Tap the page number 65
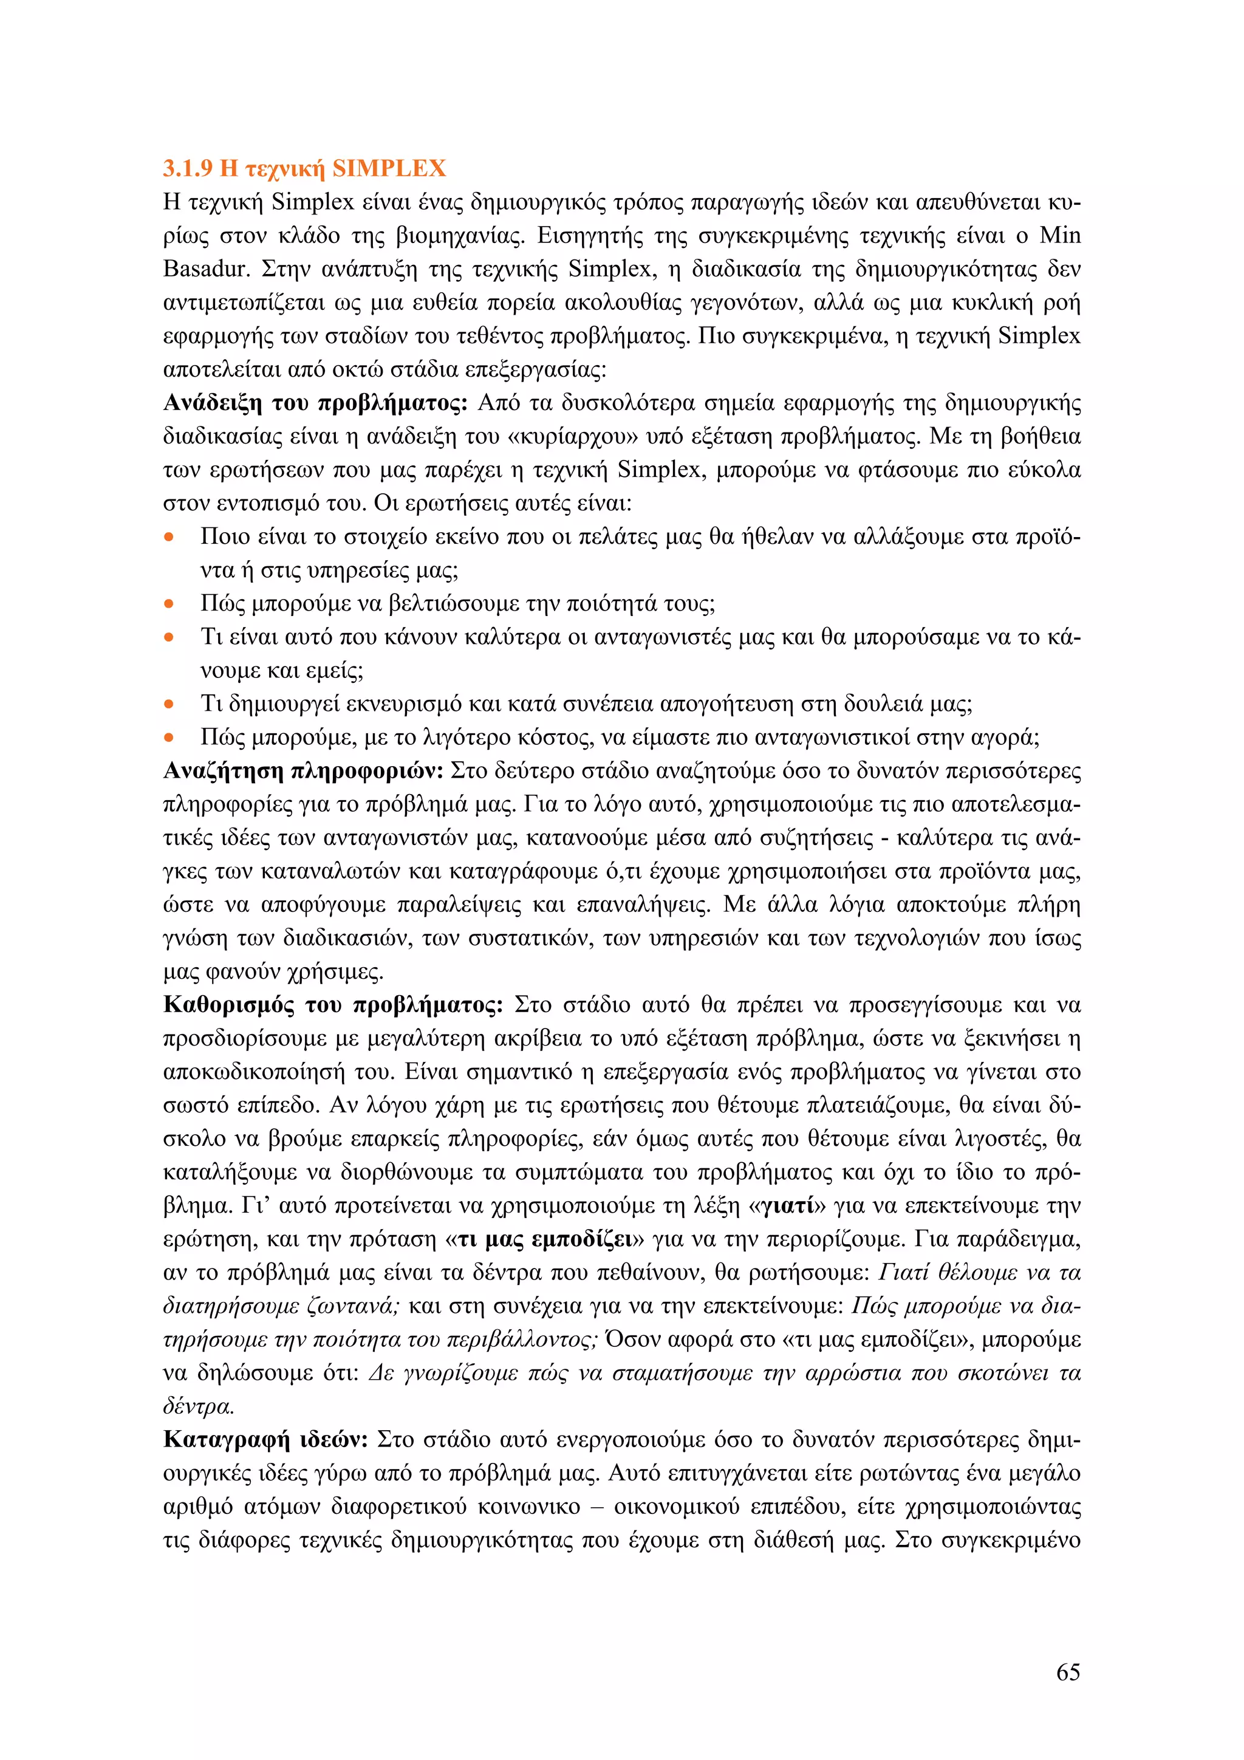pos(1068,1672)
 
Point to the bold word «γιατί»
pos(787,1206)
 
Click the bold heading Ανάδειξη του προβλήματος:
pos(315,403)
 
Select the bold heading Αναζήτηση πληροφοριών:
pos(304,771)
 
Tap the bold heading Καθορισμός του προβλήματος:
pos(333,1005)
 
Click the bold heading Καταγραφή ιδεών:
pos(266,1440)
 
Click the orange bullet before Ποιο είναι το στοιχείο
pos(169,537)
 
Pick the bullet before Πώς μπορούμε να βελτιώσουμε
pos(169,604)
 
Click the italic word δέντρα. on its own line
pos(199,1406)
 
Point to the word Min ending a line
pos(1059,235)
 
